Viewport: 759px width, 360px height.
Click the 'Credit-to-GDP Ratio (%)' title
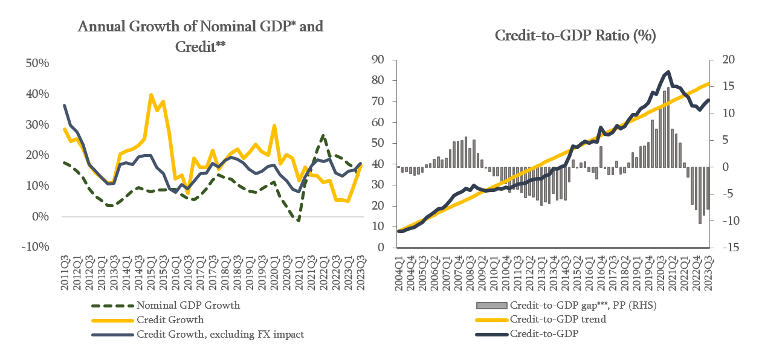coord(575,36)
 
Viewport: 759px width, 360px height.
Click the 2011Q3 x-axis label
coord(65,273)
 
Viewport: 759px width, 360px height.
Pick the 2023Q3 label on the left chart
coord(361,273)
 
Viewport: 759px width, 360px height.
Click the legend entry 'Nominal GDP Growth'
coord(188,305)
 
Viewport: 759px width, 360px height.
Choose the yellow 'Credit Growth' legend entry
coord(170,320)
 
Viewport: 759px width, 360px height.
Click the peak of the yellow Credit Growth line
coord(150,95)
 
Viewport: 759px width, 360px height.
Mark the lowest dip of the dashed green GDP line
coord(299,220)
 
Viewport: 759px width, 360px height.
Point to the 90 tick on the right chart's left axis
coord(379,59)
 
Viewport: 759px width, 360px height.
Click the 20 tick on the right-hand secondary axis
coord(722,59)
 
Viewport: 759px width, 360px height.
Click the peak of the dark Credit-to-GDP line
coord(668,72)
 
